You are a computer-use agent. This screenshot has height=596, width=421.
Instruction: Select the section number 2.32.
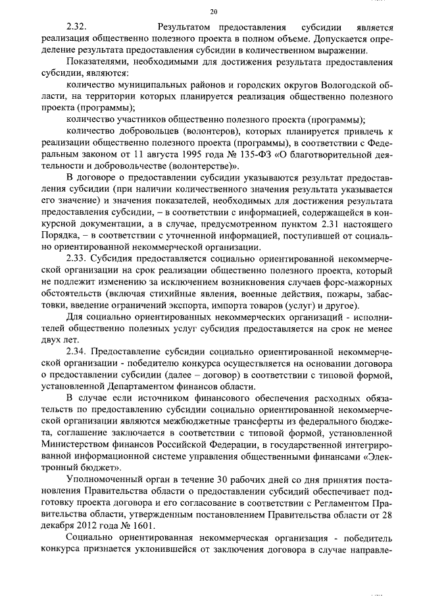(76, 28)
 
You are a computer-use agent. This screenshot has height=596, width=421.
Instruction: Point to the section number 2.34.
(76, 352)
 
